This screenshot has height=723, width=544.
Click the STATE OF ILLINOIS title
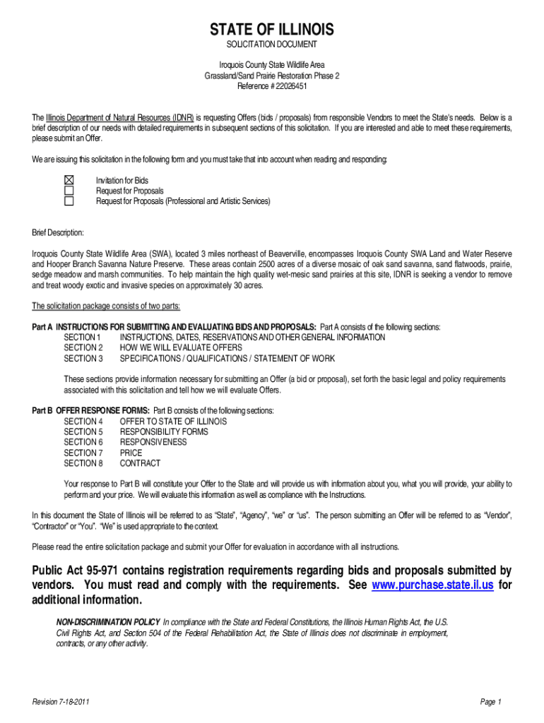pos(271,30)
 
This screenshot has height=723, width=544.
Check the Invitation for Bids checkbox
pos(69,181)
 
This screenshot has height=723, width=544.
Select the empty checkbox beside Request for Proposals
pos(69,191)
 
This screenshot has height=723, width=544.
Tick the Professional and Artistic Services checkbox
pos(69,201)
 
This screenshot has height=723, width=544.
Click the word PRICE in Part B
pos(131,453)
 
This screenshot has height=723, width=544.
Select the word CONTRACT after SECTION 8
pos(140,463)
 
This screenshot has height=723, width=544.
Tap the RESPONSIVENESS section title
pos(153,442)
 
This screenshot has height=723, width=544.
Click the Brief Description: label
pos(58,232)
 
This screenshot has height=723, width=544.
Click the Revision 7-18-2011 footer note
pos(61,701)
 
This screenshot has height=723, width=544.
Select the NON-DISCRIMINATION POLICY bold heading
pos(108,623)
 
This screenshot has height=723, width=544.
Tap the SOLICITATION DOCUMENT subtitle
pos(271,44)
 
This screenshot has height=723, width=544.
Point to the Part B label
pos(42,411)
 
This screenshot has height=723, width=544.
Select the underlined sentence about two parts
pos(106,306)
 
